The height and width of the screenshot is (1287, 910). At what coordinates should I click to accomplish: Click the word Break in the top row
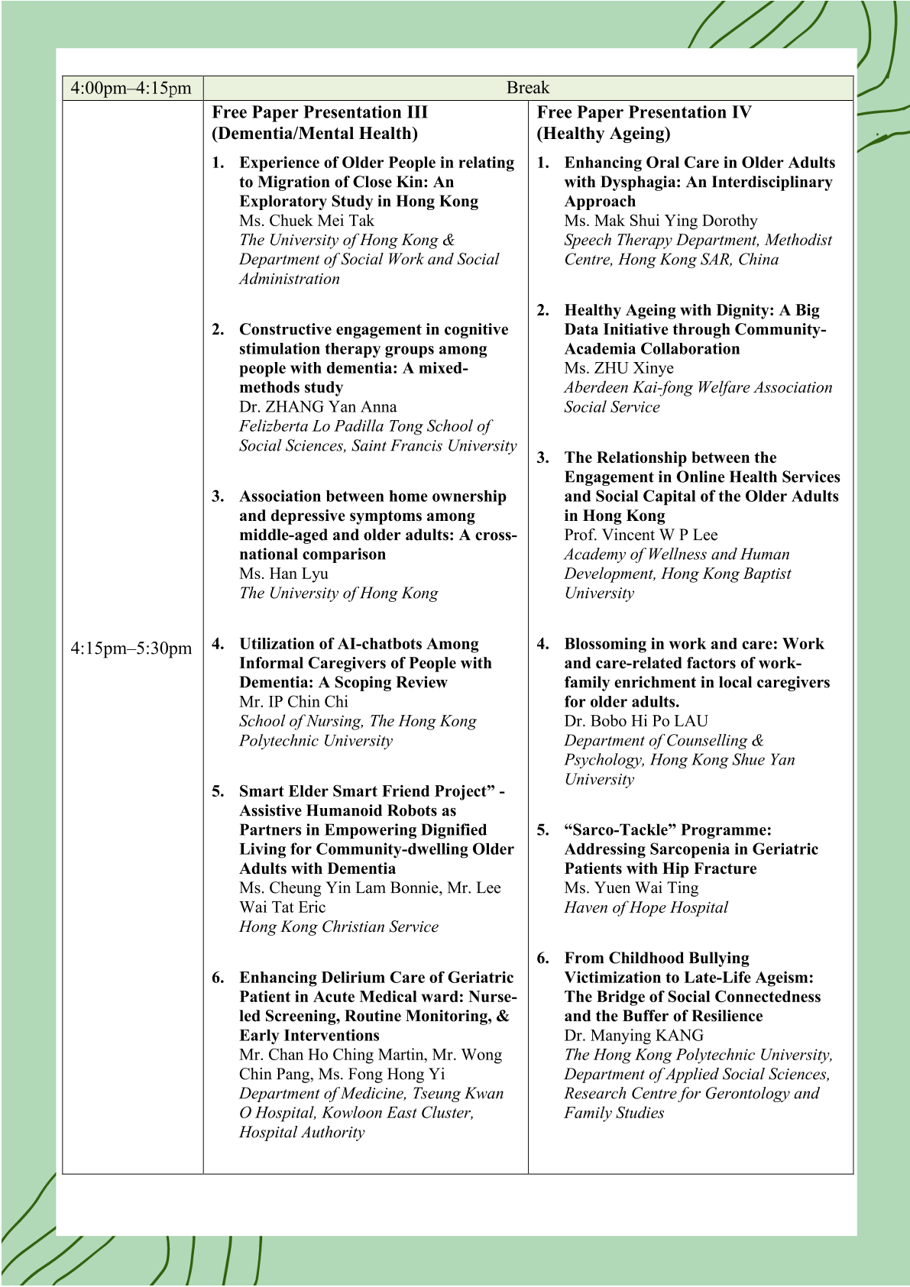527,88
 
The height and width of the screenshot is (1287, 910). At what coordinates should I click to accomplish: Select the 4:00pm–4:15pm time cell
131,88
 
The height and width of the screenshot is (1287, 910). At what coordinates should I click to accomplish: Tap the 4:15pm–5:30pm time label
131,648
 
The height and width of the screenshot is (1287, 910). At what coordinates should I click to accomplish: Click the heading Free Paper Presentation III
319,112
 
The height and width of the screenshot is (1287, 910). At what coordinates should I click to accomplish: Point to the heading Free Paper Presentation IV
644,112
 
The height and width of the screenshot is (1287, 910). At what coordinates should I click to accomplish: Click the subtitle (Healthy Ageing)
603,134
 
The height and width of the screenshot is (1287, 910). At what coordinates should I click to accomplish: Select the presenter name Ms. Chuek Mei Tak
306,221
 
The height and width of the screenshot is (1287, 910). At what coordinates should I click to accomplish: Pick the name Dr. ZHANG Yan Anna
318,407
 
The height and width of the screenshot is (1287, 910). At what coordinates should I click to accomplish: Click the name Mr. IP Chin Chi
293,702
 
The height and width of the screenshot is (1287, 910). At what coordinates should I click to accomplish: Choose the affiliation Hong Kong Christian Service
338,926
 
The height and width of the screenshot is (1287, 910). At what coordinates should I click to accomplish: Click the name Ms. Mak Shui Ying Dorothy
661,221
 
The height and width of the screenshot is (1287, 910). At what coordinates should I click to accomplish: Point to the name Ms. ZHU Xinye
619,368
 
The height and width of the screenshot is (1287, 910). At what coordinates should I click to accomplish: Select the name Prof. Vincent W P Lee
641,535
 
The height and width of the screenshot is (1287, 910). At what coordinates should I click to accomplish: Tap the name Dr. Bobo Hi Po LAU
636,721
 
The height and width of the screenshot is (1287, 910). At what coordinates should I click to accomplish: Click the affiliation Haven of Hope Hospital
646,907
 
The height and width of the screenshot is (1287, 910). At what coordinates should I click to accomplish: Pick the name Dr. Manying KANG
634,1036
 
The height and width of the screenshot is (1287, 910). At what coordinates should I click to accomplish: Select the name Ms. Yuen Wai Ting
631,888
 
